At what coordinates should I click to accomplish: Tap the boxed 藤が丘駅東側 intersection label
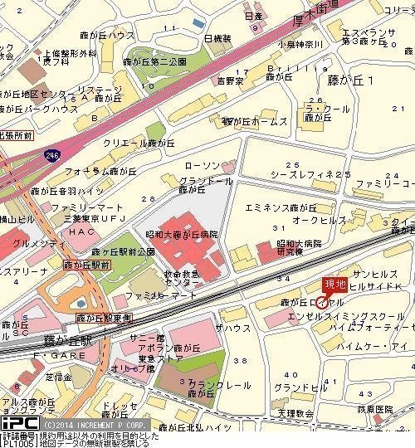[x=105, y=318]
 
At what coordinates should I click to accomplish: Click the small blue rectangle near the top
[x=197, y=23]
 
